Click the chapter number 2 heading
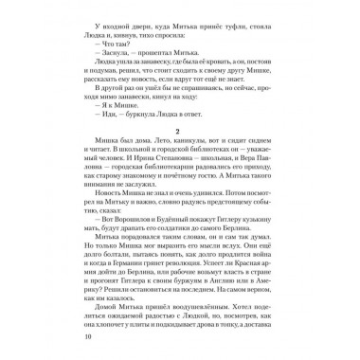point(179,155)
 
